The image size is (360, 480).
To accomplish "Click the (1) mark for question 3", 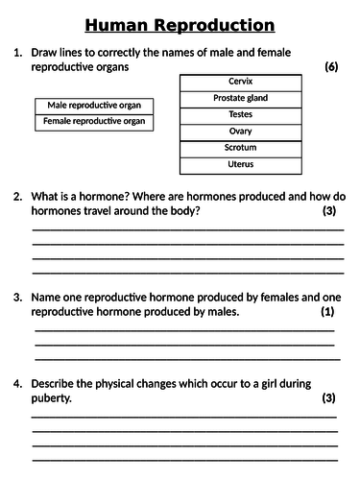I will click(327, 312).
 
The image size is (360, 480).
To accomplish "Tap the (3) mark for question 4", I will click(328, 397).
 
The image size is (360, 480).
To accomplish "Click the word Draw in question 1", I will click(46, 52).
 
